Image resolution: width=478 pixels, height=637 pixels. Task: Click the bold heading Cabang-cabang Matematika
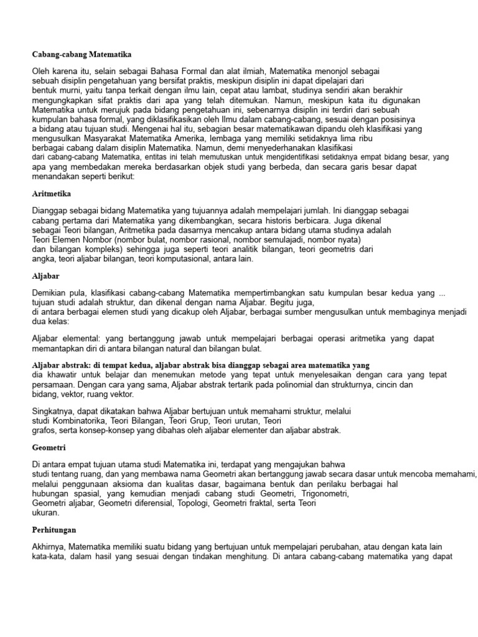coord(82,55)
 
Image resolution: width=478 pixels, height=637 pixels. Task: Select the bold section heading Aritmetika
coord(53,193)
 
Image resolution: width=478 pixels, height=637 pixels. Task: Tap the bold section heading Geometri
coord(49,447)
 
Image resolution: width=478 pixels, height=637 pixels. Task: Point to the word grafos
coord(44,430)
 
